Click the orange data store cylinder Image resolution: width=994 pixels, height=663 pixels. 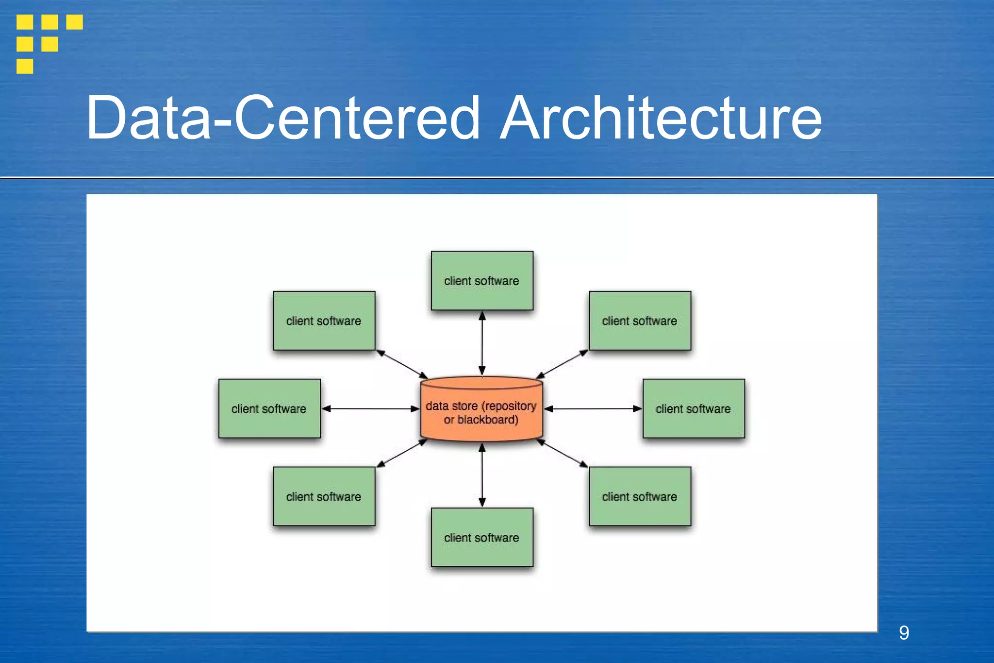coord(481,410)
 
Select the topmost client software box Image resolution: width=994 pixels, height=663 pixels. coord(482,281)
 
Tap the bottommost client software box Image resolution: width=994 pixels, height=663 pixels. coord(482,537)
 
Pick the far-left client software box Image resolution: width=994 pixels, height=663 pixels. coord(269,408)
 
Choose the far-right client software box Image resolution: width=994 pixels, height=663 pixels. coord(694,408)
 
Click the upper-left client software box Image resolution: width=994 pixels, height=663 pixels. coord(324,321)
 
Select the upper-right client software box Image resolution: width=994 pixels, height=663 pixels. coord(640,321)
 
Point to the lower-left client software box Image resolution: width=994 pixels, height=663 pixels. coord(324,496)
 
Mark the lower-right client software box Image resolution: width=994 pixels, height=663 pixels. coord(640,496)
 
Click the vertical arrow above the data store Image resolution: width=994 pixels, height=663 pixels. coord(482,343)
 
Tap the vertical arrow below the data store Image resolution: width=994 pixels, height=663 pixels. coord(482,475)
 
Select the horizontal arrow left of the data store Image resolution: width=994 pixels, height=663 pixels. coord(370,409)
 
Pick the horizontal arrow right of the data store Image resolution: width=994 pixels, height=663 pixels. coord(593,409)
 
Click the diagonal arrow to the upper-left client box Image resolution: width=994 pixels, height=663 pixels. coord(402,364)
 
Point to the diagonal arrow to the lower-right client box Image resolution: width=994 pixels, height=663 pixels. coord(562,454)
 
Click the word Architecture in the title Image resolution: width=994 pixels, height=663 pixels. coord(661,118)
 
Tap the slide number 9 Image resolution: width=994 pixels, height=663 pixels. coord(904,632)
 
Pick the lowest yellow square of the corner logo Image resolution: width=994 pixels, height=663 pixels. coord(25,66)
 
